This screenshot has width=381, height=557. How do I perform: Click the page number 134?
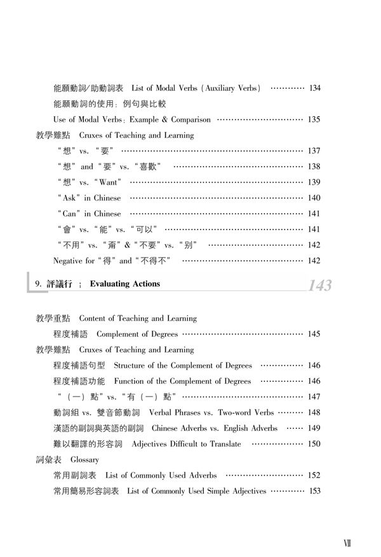314,87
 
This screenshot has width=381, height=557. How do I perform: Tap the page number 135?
314,119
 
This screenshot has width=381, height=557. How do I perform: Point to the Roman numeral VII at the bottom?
347,544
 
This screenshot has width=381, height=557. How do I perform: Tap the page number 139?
314,182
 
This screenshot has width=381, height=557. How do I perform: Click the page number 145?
314,334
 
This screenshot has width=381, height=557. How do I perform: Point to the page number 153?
314,490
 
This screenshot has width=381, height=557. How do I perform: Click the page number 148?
314,412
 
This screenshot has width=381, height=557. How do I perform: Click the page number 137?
314,150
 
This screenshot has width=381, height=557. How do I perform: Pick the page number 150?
314,443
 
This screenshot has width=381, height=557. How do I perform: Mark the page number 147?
314,396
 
